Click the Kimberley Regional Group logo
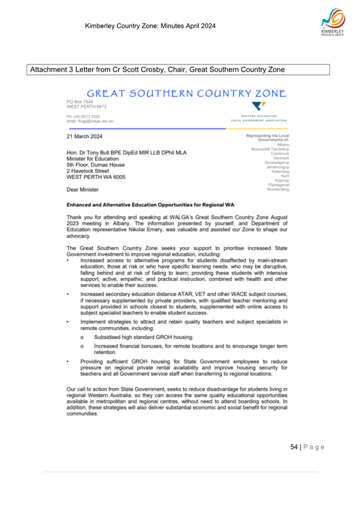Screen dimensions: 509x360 pos(331,24)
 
